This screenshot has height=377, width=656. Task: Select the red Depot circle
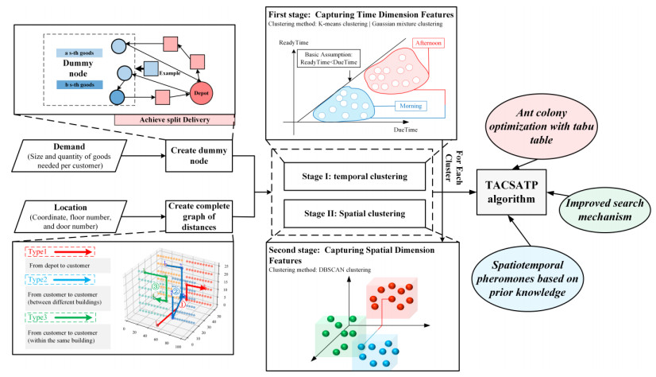pos(202,91)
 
